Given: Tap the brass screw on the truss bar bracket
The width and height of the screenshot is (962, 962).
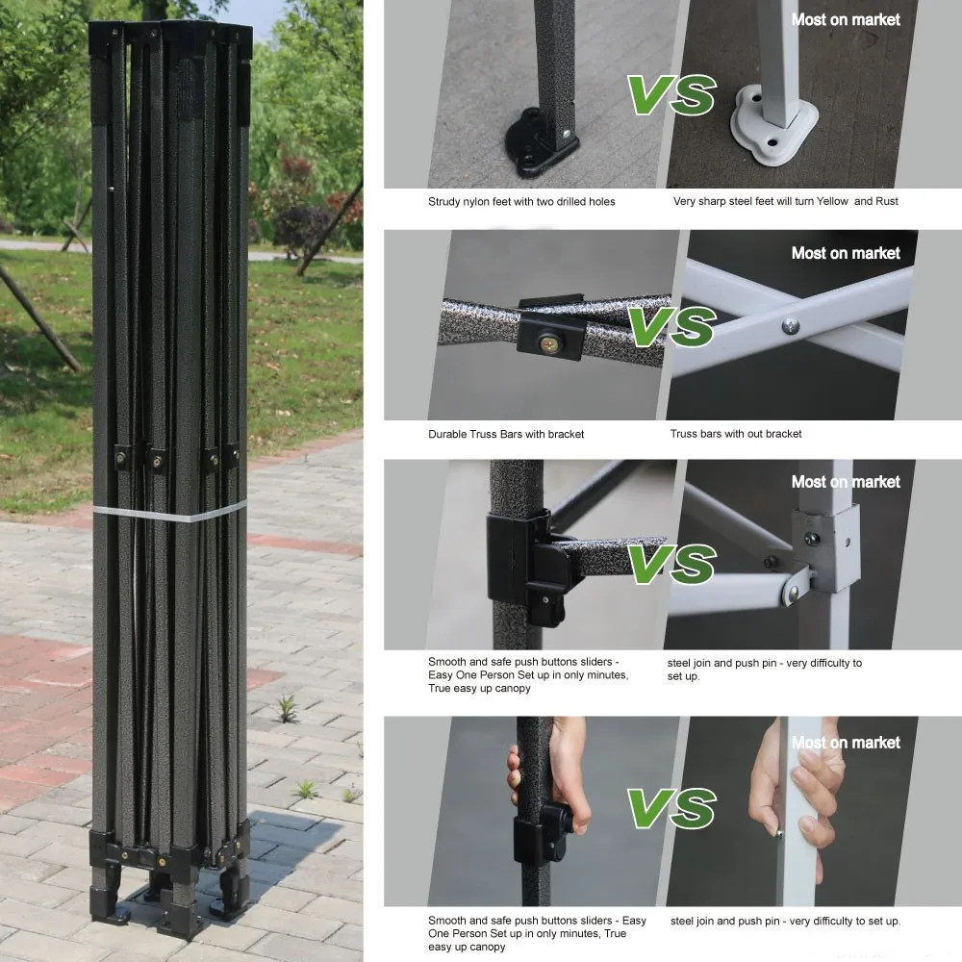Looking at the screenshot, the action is [549, 343].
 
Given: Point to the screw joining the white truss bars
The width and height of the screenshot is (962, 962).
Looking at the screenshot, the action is [790, 326].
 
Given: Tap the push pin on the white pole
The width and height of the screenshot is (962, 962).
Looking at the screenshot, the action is [780, 834].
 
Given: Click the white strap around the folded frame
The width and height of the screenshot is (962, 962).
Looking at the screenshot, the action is [169, 513].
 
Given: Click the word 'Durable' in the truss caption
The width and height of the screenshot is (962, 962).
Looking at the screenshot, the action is [448, 434].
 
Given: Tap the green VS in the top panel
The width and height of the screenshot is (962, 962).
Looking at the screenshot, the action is [671, 94].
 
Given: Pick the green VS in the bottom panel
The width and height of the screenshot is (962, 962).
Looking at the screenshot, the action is [671, 807].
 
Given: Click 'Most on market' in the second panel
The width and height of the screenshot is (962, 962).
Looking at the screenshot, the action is [846, 253].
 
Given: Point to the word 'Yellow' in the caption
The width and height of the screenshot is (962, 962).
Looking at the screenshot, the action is [831, 201].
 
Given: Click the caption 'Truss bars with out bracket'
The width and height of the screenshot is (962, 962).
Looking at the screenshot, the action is [736, 434].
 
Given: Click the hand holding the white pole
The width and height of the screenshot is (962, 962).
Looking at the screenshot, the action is [797, 792].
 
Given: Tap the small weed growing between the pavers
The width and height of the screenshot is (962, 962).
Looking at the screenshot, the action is [286, 709].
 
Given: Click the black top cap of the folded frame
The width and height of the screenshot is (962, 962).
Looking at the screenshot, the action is [170, 39].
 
